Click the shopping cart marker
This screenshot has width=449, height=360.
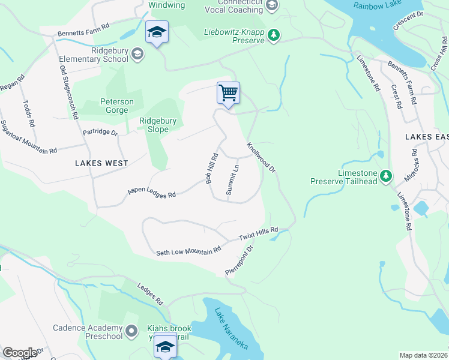click(x=228, y=94)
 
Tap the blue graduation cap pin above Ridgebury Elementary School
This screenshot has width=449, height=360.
click(x=157, y=32)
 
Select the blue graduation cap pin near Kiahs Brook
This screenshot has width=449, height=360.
click(x=166, y=346)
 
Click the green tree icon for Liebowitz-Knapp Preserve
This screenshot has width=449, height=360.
click(x=274, y=35)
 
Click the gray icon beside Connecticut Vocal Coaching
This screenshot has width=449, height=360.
click(x=272, y=6)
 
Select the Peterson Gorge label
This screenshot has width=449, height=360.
click(x=114, y=106)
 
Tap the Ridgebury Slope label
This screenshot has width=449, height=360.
click(x=158, y=125)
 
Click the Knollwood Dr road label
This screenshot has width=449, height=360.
click(x=261, y=158)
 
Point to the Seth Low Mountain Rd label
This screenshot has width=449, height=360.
click(x=188, y=250)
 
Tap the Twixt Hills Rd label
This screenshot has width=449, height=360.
click(x=259, y=234)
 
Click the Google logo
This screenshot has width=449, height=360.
click(x=20, y=353)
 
